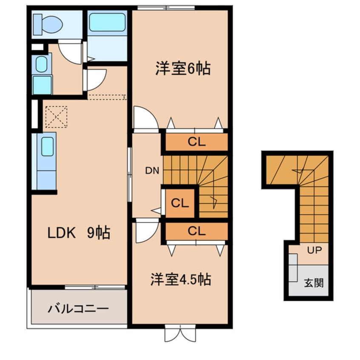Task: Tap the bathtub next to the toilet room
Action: [107, 22]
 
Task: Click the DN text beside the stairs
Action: [152, 171]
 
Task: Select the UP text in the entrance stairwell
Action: [314, 250]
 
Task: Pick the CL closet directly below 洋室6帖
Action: [196, 142]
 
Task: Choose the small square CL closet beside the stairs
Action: [180, 203]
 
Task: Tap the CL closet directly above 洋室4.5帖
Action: [196, 231]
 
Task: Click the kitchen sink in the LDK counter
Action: [48, 146]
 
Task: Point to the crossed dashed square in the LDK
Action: [56, 116]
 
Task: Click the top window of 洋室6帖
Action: [166, 7]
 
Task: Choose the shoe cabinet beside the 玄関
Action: [293, 267]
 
